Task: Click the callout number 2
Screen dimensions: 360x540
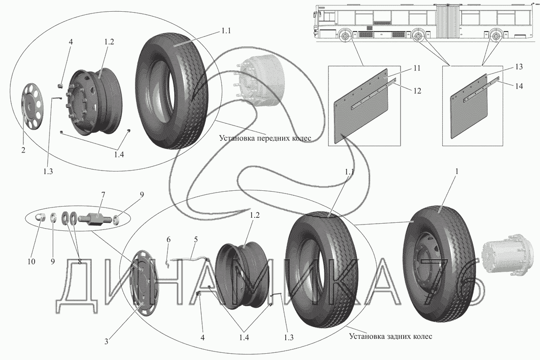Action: [23, 150]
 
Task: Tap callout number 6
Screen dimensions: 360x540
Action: [168, 240]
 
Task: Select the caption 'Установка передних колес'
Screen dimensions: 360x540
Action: [265, 138]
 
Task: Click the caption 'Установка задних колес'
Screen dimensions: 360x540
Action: [390, 337]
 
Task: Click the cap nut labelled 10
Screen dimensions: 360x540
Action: [40, 218]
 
